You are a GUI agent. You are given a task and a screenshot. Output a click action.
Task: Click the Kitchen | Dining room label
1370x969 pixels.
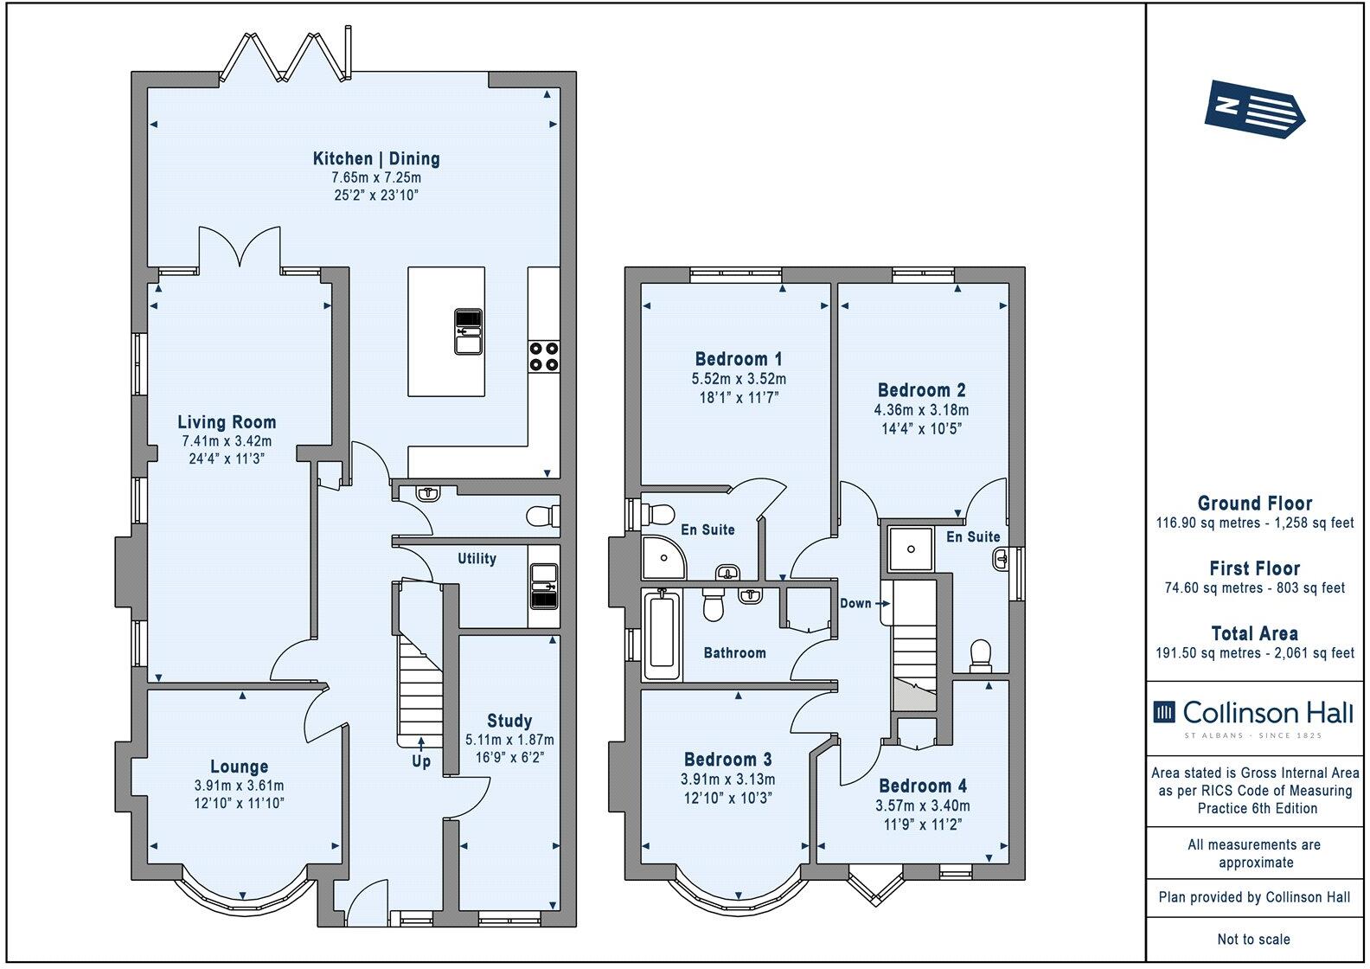point(376,159)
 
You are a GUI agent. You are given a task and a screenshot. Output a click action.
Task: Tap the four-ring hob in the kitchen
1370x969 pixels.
point(544,356)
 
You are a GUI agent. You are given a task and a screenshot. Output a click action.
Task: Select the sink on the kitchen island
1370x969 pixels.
point(469,331)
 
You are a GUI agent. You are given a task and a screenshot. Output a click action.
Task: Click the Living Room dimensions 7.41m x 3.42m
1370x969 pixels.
point(227,441)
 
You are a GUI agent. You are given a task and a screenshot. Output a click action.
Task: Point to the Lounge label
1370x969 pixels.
point(239,767)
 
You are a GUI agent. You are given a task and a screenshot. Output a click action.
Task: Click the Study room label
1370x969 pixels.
point(509,721)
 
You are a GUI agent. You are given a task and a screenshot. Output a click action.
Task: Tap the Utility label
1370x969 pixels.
point(477,559)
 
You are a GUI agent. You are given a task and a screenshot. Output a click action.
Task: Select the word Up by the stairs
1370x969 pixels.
point(421,761)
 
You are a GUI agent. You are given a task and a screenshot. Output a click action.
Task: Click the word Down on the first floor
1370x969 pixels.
point(855,603)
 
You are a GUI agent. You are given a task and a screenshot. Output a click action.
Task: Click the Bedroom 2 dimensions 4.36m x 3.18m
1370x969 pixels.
point(921,410)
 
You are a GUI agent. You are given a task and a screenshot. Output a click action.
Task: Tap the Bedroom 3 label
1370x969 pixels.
point(728,760)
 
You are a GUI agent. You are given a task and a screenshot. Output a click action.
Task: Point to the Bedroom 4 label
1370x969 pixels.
point(923,786)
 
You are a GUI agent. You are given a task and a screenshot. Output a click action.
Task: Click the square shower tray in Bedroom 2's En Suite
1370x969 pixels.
point(911,549)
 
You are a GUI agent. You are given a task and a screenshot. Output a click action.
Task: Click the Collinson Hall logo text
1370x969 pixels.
point(1268,713)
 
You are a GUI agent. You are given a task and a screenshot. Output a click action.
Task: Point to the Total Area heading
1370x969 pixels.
point(1254,634)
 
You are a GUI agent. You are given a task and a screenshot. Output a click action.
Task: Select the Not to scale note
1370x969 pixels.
point(1254,940)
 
